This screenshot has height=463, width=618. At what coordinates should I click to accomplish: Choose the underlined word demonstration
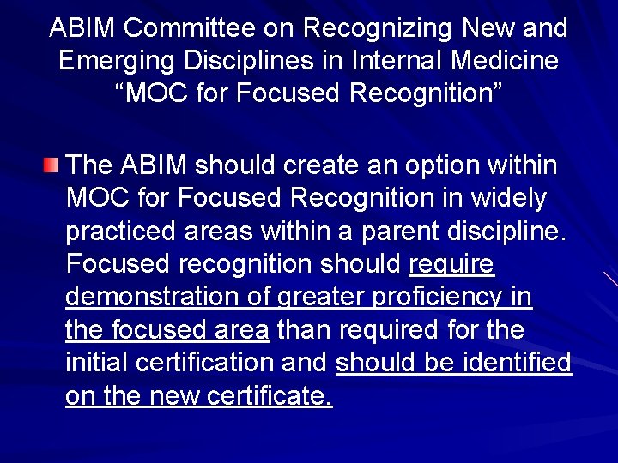(x=151, y=297)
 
